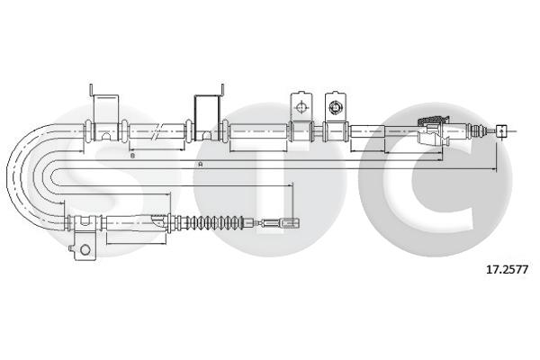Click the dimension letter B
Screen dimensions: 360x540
(x=132, y=156)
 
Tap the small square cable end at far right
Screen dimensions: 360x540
(x=502, y=130)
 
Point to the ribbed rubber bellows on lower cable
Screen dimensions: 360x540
(x=215, y=220)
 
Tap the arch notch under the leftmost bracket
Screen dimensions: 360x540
(x=106, y=137)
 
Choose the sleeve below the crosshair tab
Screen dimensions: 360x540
(x=300, y=131)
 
